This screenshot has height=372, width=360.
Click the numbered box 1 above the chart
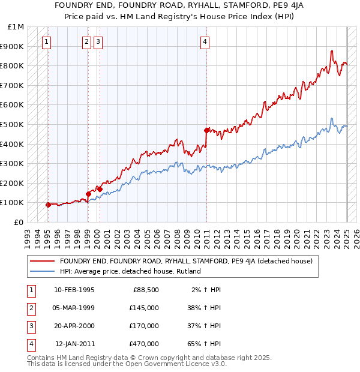click(x=47, y=42)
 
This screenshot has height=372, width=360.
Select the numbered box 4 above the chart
click(x=205, y=42)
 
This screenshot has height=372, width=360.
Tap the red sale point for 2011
click(x=206, y=130)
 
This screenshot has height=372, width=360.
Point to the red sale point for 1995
click(x=48, y=205)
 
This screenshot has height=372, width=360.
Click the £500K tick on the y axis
click(x=14, y=124)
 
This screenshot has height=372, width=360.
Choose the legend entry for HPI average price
click(x=130, y=271)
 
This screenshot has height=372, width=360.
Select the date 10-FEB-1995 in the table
click(x=74, y=290)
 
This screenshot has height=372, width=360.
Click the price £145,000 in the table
click(x=144, y=308)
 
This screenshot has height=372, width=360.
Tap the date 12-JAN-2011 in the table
click(x=74, y=344)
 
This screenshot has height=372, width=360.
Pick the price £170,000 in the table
click(x=144, y=326)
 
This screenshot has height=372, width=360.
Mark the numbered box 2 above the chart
click(x=86, y=42)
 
